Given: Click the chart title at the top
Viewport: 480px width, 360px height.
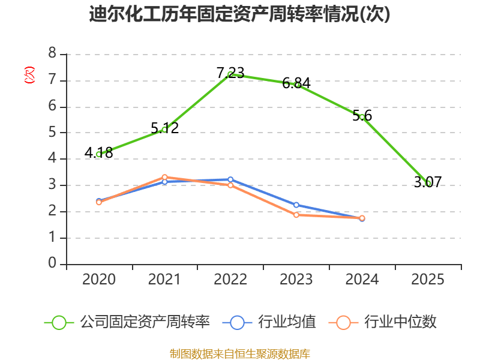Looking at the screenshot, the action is point(239,14).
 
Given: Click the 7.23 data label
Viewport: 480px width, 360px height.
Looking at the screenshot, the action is point(230,73).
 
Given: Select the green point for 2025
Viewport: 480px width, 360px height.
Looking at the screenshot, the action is point(428,183).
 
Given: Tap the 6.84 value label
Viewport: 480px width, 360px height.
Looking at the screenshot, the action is point(296,83).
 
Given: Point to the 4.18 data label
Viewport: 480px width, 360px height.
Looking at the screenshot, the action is point(98,153).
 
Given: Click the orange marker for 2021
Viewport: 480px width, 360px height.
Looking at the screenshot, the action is point(164,177).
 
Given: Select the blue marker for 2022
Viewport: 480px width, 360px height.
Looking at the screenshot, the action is point(230,179).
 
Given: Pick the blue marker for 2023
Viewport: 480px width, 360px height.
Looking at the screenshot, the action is point(296,205).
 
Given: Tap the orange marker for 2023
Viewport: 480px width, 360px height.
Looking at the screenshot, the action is point(296,215).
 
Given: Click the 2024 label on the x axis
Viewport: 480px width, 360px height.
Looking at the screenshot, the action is point(362,279).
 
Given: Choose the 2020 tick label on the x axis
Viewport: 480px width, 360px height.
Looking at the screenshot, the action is point(98,279).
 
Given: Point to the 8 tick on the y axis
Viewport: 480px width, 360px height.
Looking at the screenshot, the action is point(52,53).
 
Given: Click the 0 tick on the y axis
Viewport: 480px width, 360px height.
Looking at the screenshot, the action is point(52,263).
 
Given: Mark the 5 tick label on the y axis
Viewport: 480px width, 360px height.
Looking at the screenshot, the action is point(52,132).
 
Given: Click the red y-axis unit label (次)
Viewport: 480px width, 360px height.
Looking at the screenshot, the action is point(29,75).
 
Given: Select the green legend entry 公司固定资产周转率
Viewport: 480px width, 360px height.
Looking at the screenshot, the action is point(127,322).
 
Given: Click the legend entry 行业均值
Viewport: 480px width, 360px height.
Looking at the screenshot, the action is point(269,322).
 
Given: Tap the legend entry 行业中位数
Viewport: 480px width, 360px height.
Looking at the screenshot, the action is point(382,322).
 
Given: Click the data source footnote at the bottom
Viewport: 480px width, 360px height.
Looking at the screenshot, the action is point(240,354).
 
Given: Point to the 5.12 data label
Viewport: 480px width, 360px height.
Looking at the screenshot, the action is point(164,128).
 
